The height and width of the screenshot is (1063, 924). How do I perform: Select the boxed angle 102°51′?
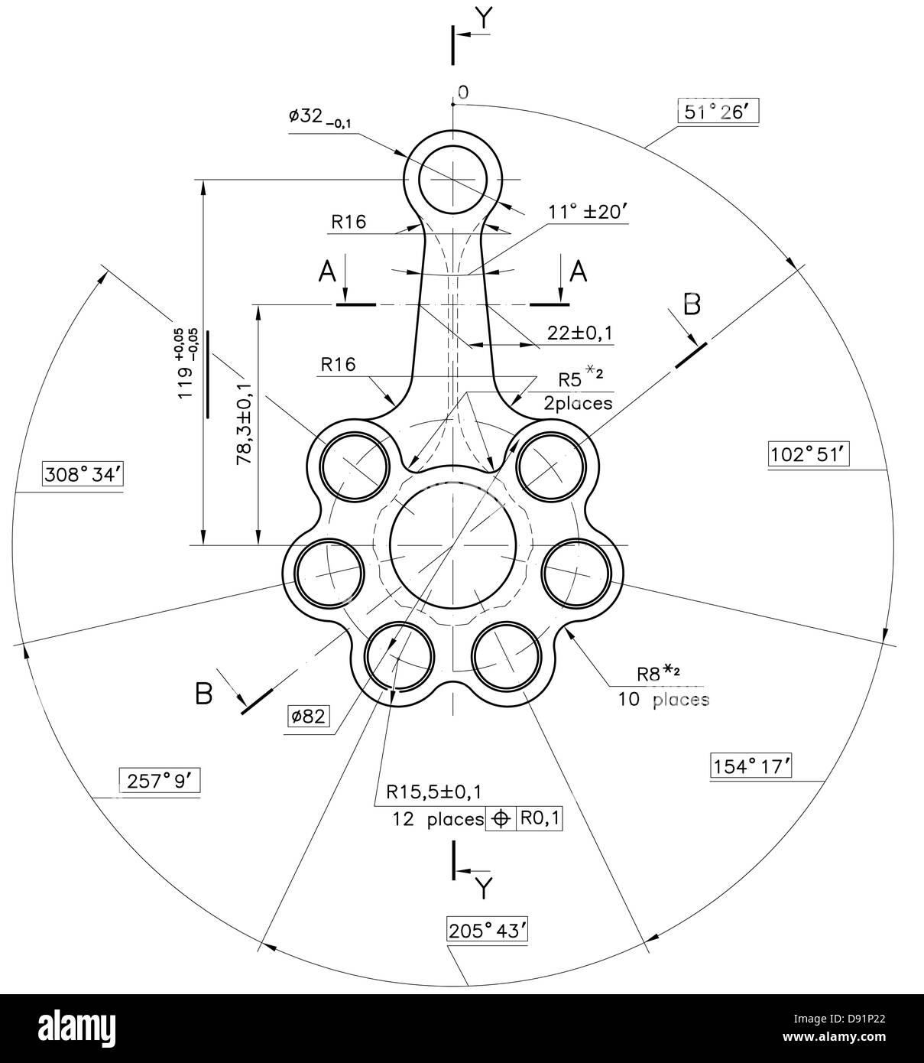pos(808,453)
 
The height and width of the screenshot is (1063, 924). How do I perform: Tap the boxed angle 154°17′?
pos(750,765)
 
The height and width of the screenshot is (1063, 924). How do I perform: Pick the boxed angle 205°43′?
pos(487,931)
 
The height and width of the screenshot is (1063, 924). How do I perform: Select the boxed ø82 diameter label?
pos(309,717)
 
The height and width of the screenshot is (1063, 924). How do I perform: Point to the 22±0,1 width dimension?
pos(579,333)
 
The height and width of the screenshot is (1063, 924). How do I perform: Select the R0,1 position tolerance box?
pos(540,818)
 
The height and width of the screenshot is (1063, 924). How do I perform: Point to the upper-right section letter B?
pos(691,304)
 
